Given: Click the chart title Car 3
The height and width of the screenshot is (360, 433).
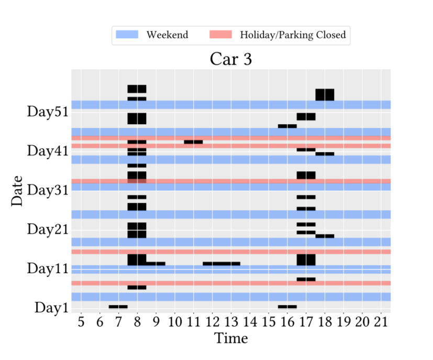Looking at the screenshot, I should pyautogui.click(x=231, y=59).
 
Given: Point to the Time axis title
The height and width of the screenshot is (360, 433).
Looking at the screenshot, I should pyautogui.click(x=231, y=339).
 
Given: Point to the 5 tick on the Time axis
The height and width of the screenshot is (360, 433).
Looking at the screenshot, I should pyautogui.click(x=81, y=322).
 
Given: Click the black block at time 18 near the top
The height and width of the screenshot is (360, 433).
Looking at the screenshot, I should pyautogui.click(x=325, y=95).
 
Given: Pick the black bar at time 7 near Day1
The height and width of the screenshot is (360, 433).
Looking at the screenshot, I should pyautogui.click(x=118, y=307).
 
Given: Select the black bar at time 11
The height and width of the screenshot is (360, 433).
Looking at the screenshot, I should pyautogui.click(x=193, y=142).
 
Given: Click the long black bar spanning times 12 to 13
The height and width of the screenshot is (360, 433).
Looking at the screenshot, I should pyautogui.click(x=221, y=264).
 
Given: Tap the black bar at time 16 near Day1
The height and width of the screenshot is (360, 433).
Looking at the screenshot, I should pyautogui.click(x=287, y=307).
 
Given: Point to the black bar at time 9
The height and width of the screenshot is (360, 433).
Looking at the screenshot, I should pyautogui.click(x=156, y=264).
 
